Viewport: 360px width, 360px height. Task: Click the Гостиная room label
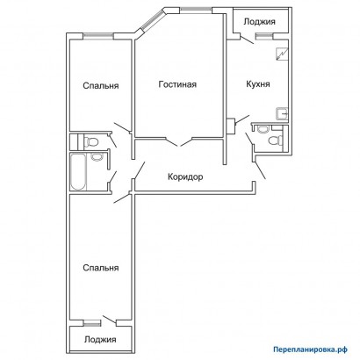click(177, 84)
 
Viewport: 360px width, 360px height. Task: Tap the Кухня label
click(258, 84)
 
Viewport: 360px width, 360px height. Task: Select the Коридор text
click(185, 177)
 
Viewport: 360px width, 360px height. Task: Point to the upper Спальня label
click(101, 86)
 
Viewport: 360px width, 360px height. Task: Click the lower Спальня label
click(101, 268)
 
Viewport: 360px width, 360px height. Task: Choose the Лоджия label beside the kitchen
click(259, 22)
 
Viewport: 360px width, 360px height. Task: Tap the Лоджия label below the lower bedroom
click(100, 340)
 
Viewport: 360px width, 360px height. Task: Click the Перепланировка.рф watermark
click(311, 349)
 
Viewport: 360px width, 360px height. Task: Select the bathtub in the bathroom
click(78, 172)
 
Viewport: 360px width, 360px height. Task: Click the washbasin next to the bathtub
click(97, 157)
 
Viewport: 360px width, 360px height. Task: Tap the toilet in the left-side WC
click(90, 142)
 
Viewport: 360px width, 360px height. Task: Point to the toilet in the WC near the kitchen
click(276, 140)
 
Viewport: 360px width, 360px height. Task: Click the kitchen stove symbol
click(283, 54)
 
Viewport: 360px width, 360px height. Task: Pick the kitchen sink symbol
click(283, 114)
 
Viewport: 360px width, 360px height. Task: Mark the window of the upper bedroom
click(98, 36)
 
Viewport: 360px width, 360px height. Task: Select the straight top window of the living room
click(196, 11)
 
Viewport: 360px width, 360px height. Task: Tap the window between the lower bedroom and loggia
click(91, 323)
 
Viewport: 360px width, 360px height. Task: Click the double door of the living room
click(179, 141)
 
